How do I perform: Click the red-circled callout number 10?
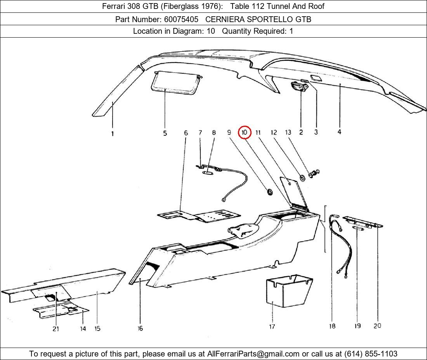(245, 132)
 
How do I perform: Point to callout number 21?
(56, 329)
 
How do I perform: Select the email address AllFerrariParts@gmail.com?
(253, 354)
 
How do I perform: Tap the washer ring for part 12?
(301, 178)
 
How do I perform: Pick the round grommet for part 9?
(269, 191)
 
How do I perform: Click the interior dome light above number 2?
(300, 87)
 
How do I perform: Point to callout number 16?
(140, 329)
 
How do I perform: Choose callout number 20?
(377, 326)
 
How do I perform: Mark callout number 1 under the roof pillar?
(113, 134)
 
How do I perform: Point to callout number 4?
(339, 132)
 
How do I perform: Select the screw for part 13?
(313, 174)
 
